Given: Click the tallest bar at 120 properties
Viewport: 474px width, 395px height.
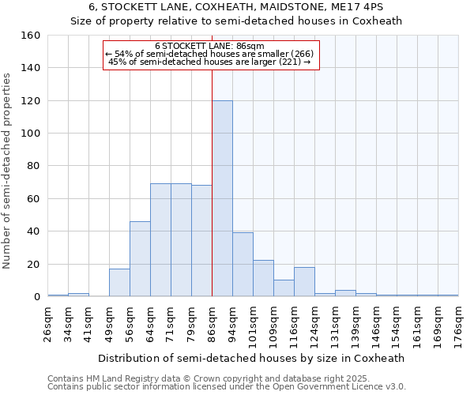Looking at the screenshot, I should click(222, 198).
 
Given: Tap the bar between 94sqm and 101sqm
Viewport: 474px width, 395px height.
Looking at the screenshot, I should click(243, 265).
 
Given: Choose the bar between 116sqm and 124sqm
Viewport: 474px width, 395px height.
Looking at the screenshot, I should click(304, 282).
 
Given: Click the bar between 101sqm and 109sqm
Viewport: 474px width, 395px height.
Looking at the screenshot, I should click(263, 279).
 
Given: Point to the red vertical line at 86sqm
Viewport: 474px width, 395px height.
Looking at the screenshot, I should click(212, 182).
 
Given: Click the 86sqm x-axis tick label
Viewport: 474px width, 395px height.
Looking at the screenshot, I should click(212, 322).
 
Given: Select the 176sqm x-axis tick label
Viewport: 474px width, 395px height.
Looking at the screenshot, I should click(458, 322).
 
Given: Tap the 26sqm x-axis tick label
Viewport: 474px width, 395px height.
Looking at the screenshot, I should click(47, 322).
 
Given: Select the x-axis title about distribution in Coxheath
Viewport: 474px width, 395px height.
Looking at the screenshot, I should click(253, 358).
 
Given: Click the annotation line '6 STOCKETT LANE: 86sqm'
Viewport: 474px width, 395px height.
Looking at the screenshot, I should click(210, 46).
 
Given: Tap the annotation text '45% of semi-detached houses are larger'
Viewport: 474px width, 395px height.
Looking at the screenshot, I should click(210, 61).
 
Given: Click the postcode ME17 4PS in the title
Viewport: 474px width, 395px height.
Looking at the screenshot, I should click(364, 7).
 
